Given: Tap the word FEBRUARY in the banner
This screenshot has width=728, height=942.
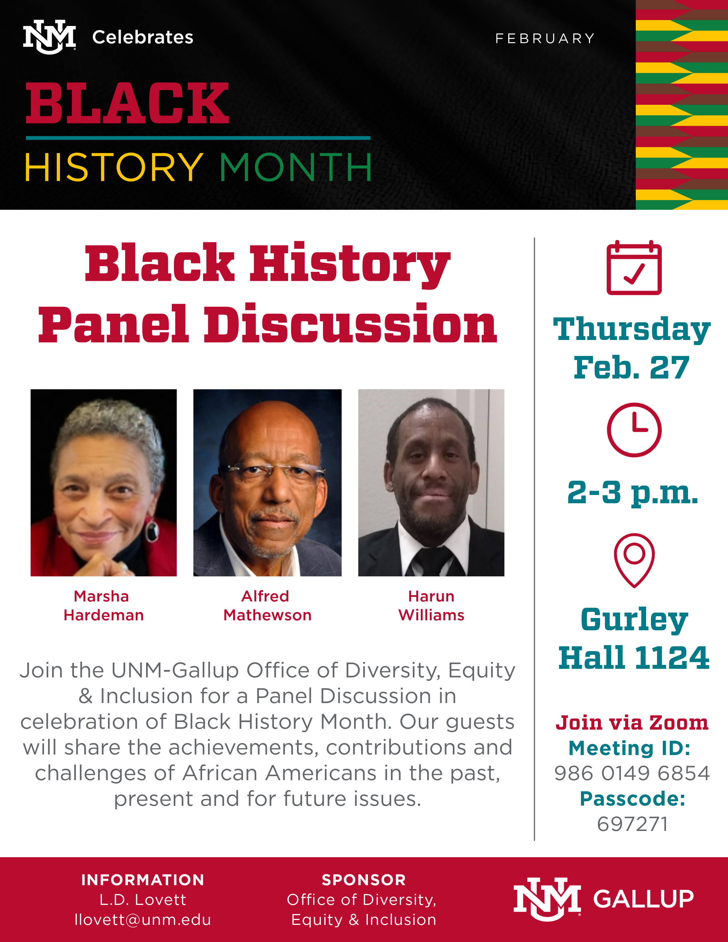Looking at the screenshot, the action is pos(545,38).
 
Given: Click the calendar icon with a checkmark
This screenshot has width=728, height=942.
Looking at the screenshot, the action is pos(634,267).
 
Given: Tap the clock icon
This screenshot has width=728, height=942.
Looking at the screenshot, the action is pos(634,430).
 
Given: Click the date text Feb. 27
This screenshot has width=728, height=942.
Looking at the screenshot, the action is pos(632,368).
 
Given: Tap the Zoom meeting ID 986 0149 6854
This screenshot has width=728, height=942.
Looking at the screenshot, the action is pos(632,773).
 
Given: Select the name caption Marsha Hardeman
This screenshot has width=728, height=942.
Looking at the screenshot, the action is pos(104,605).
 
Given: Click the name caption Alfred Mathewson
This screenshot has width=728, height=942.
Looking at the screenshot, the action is pos(268,605).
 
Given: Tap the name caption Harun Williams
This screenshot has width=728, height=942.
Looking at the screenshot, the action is pos(431,605).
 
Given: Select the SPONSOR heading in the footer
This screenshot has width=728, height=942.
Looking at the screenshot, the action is pos(363,880).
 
